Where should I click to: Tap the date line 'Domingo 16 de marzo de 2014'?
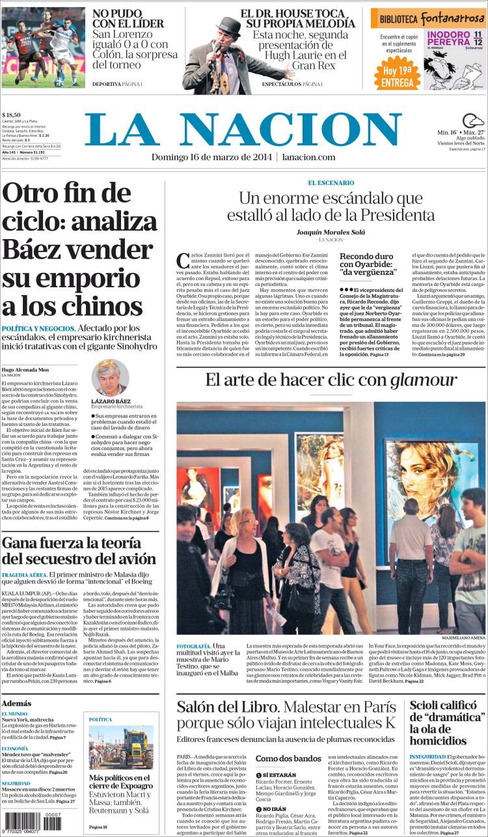(211, 158)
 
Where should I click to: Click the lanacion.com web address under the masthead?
(309, 158)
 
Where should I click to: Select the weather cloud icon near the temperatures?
(472, 121)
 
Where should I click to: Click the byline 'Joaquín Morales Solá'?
(331, 233)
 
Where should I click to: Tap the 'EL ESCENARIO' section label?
(331, 182)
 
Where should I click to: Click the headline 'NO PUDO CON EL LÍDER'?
(128, 18)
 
